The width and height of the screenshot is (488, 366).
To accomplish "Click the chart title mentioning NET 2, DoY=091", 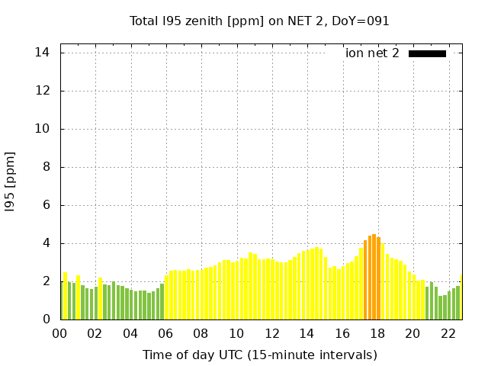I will point(259,21).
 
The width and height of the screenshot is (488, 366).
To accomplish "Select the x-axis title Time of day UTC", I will point(259,355).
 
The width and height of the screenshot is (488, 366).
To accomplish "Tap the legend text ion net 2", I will point(372,53).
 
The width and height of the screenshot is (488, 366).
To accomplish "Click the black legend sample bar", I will point(427,53).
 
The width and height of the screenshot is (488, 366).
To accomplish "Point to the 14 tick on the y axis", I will point(43,53).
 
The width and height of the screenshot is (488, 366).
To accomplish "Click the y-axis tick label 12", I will point(43,91).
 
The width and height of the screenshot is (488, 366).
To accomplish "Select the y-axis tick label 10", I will point(43,129).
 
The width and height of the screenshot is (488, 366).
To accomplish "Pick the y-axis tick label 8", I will point(46,167).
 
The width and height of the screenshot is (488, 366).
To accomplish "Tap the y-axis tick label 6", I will point(46,205).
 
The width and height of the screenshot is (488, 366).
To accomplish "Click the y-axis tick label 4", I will point(46,243).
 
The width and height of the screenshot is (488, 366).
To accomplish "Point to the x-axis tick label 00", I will point(60,333).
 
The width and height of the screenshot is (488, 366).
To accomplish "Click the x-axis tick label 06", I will point(165,333).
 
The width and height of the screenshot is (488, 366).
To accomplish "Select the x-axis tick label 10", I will point(236,333).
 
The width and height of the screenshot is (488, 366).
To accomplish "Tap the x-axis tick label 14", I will point(307,333).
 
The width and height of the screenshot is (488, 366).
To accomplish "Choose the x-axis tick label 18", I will point(377,333).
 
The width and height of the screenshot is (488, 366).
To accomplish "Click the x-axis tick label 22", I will point(448,333).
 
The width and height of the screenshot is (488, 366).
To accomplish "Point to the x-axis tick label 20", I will point(413,333).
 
